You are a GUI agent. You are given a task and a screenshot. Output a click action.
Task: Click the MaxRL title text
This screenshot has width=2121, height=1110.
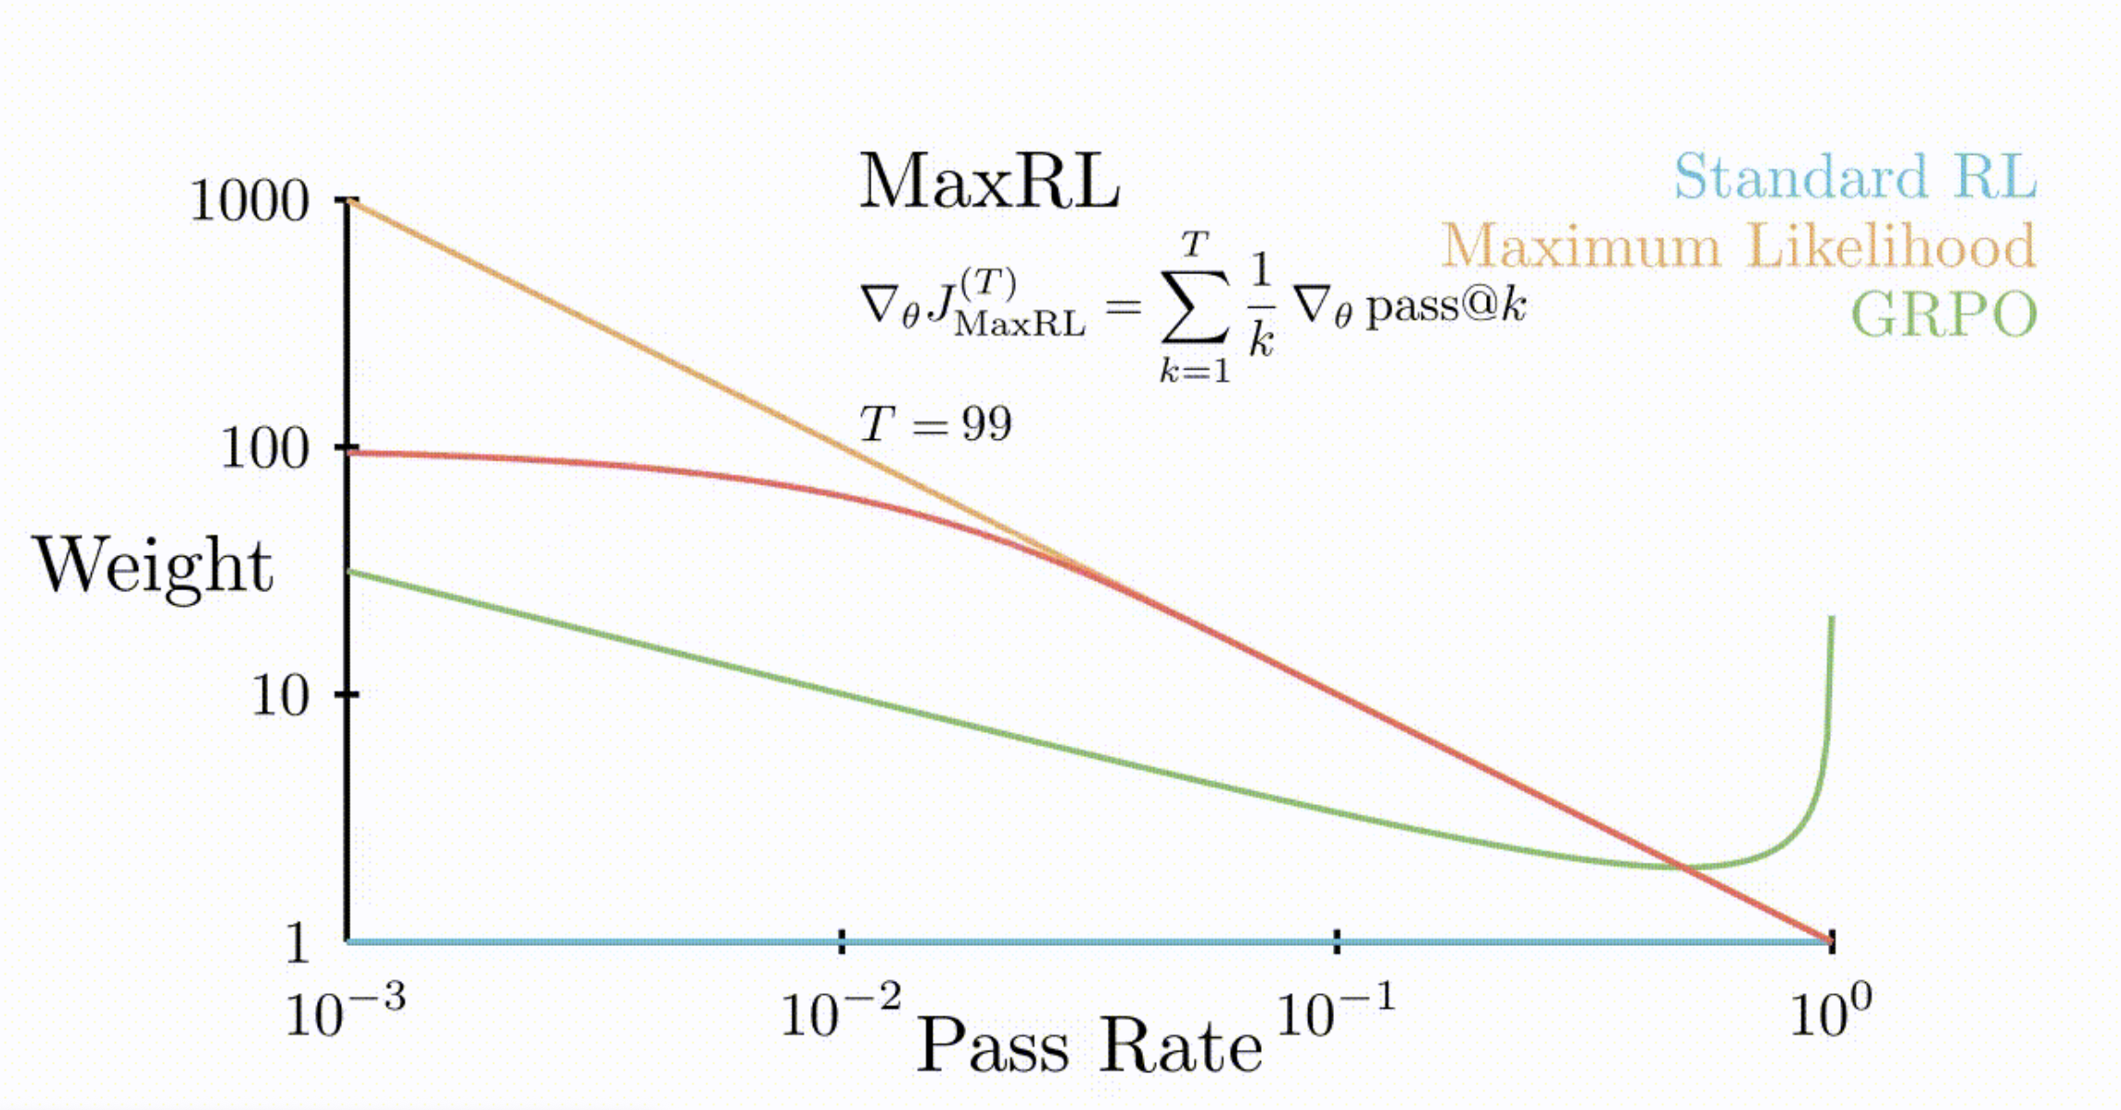[989, 182]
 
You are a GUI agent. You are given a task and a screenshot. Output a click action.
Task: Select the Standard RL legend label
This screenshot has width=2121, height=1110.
[1854, 176]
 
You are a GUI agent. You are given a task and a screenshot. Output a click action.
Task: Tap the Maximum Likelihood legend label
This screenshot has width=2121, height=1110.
[1737, 246]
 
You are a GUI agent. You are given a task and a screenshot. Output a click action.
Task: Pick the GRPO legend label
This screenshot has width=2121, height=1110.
[1943, 314]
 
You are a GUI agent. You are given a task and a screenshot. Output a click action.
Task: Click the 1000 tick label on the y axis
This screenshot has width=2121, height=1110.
[248, 200]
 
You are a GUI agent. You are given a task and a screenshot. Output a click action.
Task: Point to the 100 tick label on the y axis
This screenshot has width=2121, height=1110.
[264, 449]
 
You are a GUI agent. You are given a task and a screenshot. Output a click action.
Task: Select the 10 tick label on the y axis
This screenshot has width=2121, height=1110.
[279, 695]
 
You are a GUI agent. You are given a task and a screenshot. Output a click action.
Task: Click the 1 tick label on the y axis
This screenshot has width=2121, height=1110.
[297, 943]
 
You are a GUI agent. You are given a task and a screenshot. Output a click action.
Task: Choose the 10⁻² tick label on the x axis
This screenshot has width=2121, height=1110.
[840, 1013]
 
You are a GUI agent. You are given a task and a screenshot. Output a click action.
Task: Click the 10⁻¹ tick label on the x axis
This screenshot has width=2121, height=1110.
[1335, 1013]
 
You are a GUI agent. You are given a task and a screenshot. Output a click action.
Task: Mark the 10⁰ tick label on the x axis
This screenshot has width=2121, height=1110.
[1830, 1013]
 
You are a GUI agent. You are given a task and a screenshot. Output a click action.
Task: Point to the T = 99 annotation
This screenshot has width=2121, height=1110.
[935, 424]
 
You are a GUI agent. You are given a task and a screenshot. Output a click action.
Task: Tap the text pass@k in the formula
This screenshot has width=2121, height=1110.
[1446, 306]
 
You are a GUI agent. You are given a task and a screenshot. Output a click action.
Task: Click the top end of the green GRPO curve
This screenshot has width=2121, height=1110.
[1832, 619]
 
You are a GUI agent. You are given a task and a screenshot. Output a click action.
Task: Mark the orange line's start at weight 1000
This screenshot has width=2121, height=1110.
[349, 201]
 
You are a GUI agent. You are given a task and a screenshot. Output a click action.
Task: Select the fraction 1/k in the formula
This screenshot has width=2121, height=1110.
[1261, 306]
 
